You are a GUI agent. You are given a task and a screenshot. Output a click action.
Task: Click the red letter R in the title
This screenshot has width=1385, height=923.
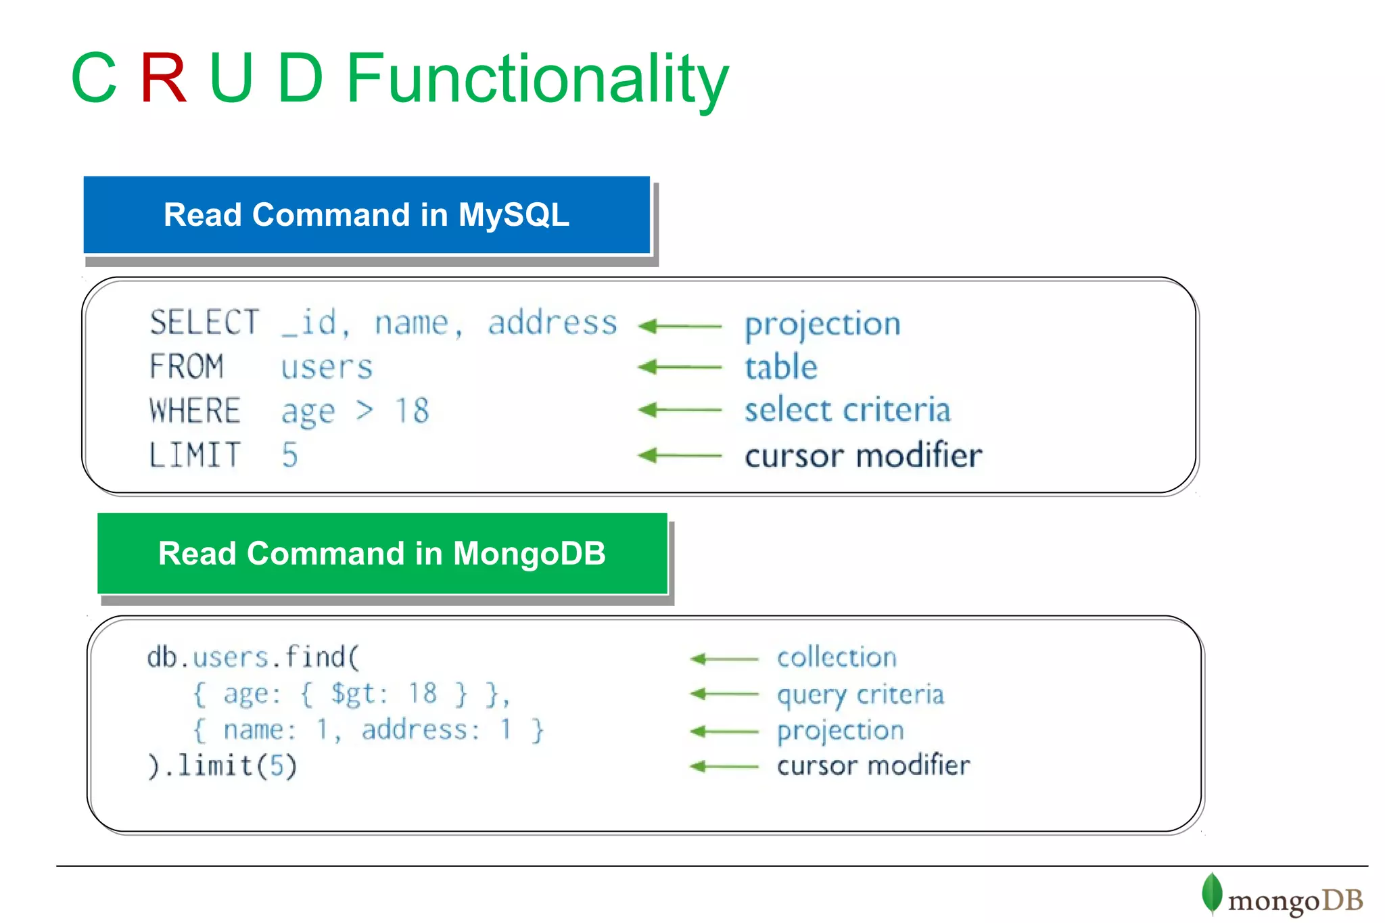(x=163, y=78)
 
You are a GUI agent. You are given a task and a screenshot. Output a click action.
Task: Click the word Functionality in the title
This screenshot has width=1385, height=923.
(x=538, y=80)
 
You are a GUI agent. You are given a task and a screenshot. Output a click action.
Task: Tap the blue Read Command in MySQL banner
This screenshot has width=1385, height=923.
(x=367, y=215)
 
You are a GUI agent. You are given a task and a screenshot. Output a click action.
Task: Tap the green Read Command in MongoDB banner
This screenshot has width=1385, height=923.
(x=382, y=554)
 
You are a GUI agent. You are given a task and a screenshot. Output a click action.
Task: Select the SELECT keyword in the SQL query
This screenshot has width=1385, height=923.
(x=204, y=323)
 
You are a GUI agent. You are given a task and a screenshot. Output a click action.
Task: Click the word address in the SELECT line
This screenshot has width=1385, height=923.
(x=553, y=323)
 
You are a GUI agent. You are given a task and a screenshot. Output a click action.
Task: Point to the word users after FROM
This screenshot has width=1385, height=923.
(x=327, y=367)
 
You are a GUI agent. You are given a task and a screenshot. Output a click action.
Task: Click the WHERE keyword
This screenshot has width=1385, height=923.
(x=195, y=410)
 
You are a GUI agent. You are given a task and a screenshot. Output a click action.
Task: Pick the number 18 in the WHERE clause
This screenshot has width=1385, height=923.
(x=412, y=410)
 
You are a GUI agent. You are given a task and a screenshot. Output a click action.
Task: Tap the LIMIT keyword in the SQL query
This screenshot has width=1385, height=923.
(x=195, y=455)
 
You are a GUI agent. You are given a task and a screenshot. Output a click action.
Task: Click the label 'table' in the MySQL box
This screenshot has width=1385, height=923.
(x=781, y=367)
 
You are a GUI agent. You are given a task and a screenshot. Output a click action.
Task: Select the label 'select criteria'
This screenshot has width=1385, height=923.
(x=847, y=410)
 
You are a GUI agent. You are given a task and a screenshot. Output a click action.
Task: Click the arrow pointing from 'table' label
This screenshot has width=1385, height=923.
(x=680, y=367)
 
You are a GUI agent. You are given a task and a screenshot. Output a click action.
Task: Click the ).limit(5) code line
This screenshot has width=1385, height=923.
(x=222, y=766)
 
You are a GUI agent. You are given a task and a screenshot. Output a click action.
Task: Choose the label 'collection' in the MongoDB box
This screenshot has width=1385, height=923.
(x=837, y=657)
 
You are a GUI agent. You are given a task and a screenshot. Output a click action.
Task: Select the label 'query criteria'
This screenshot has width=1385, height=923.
(x=860, y=694)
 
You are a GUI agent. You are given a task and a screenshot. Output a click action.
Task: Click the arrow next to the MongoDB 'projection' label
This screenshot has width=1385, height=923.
(x=724, y=731)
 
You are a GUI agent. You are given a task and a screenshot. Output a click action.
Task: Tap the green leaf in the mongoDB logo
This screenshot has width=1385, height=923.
(x=1211, y=893)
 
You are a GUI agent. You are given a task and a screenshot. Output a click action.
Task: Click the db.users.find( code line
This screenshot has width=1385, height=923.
(x=254, y=657)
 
